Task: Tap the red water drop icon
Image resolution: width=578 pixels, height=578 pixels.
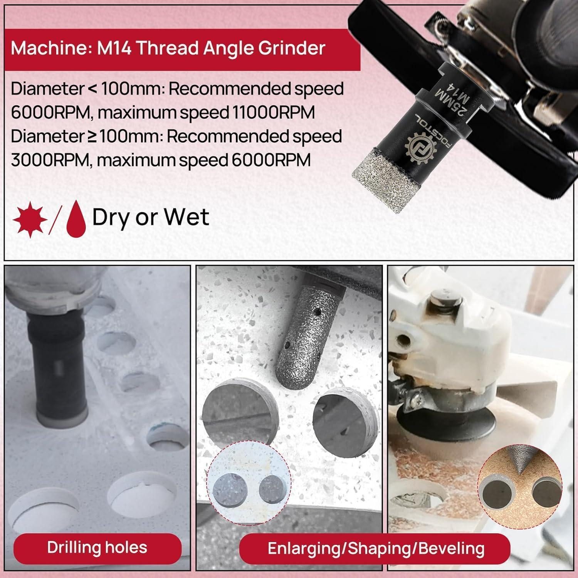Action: pyautogui.click(x=76, y=220)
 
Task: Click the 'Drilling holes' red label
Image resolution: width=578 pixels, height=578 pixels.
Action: pyautogui.click(x=97, y=547)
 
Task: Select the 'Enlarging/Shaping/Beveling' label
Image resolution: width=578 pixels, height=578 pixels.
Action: pyautogui.click(x=376, y=548)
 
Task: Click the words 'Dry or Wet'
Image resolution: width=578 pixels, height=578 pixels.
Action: pyautogui.click(x=151, y=218)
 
